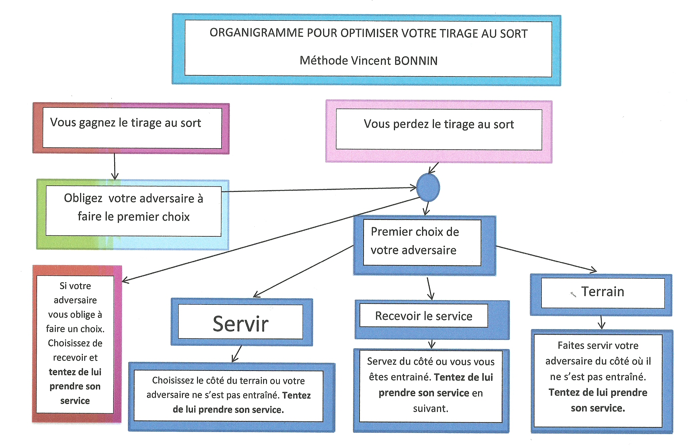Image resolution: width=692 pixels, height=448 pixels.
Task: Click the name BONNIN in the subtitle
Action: (416, 61)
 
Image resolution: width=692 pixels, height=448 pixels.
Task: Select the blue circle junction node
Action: (428, 188)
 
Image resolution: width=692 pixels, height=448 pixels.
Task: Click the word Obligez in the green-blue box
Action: (83, 198)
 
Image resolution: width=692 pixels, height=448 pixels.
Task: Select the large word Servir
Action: (241, 324)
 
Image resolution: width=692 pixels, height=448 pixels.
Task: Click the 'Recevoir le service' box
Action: (424, 316)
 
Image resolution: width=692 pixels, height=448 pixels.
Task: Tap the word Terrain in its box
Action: (603, 292)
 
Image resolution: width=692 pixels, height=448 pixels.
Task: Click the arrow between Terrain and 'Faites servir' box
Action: (602, 322)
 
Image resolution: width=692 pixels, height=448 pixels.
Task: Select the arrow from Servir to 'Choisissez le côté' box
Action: (237, 354)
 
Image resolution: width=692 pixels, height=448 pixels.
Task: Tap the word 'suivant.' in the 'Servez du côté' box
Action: (431, 409)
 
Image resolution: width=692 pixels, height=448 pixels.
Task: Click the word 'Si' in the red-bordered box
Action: (63, 286)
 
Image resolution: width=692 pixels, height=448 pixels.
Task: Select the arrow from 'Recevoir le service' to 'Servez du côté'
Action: (432, 344)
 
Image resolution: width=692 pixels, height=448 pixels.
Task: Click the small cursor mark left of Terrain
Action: (573, 294)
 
